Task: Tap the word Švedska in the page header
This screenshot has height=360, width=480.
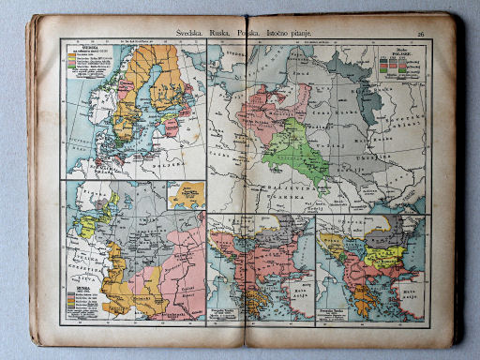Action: coord(179,31)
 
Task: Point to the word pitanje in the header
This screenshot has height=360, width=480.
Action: coord(322,33)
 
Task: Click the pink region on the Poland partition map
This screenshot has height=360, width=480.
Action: coord(267,108)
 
